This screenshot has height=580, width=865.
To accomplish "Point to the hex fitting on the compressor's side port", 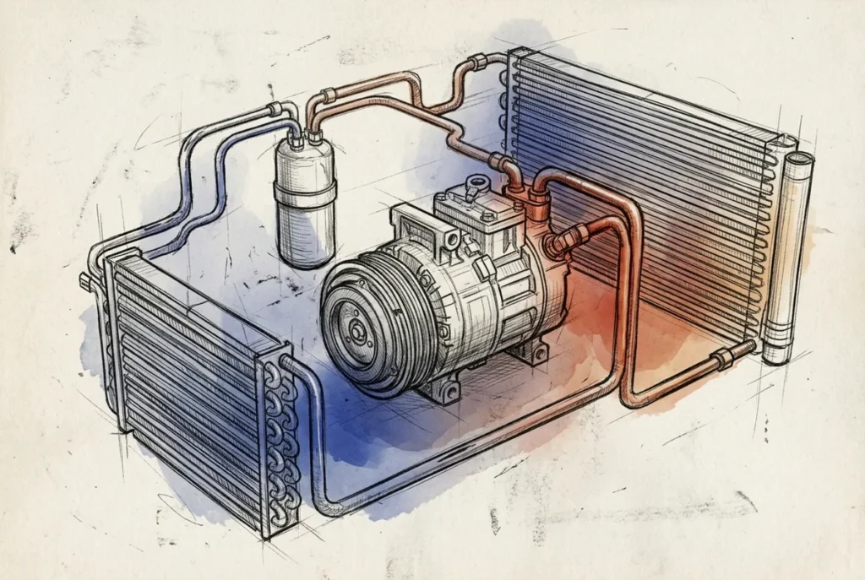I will pyautogui.click(x=556, y=244).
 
